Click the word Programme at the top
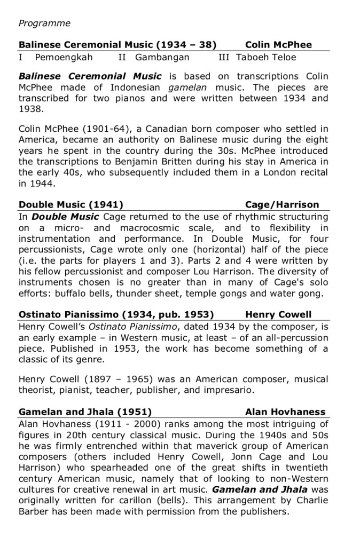tap(44, 23)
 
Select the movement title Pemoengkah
tap(64, 57)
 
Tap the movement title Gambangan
tap(162, 57)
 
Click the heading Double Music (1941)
tap(71, 204)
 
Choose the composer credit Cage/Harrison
tap(282, 204)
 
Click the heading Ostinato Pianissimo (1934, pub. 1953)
tap(116, 314)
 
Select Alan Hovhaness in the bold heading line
tap(285, 412)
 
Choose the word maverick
tap(200, 446)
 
